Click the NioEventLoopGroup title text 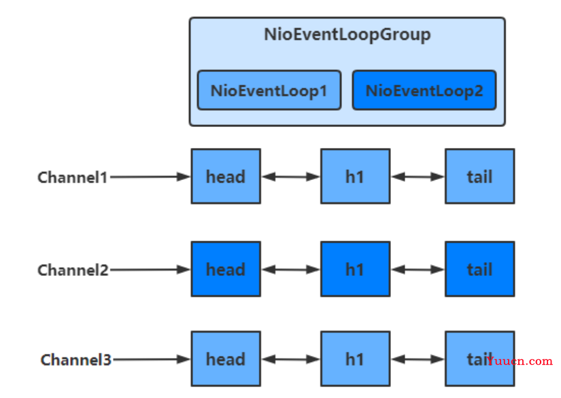point(347,35)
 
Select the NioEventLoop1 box point(269,90)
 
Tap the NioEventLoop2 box point(424,90)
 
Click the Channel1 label point(73,177)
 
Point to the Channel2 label point(73,270)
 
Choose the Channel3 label point(76,360)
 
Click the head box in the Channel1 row point(226,177)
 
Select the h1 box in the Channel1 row point(355,177)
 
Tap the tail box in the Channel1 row point(480,177)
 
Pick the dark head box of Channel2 point(226,269)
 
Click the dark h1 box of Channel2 point(355,269)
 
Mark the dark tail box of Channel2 point(480,269)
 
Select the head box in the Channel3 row point(226,359)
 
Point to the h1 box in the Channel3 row point(355,359)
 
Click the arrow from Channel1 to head point(150,177)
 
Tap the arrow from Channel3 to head point(152,359)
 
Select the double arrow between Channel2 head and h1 point(290,270)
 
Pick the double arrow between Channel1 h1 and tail point(418,177)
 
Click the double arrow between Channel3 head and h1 point(290,359)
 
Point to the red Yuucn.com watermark point(520,361)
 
